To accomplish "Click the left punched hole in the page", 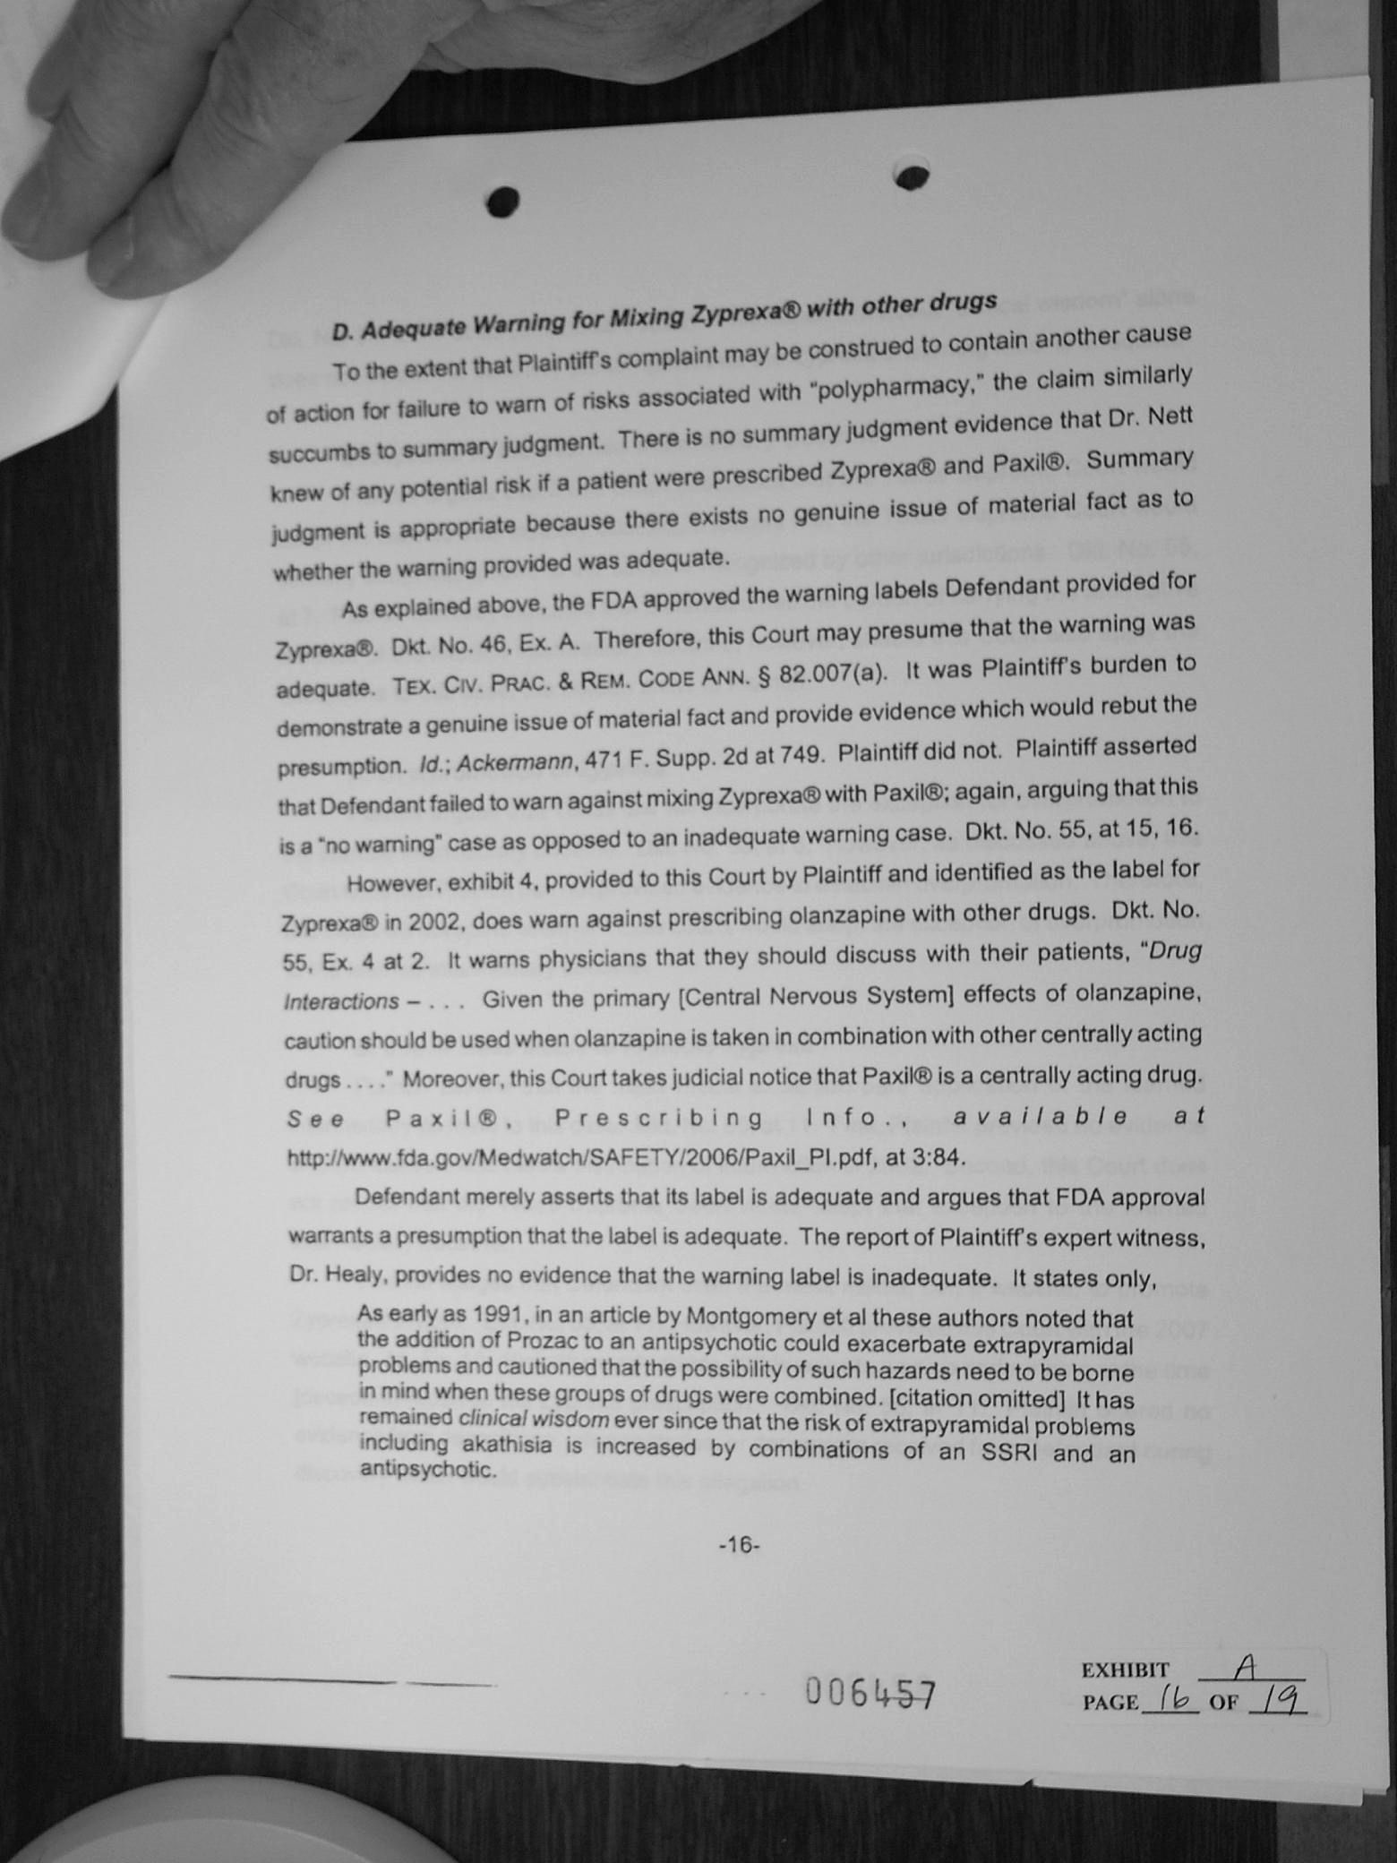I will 503,202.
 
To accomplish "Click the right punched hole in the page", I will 912,177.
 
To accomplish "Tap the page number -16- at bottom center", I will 739,1545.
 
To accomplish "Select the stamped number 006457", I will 870,1693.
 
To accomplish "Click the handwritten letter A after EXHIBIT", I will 1246,1666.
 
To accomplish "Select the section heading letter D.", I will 341,332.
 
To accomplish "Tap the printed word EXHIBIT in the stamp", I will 1126,1670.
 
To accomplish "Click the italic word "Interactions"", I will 341,1001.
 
